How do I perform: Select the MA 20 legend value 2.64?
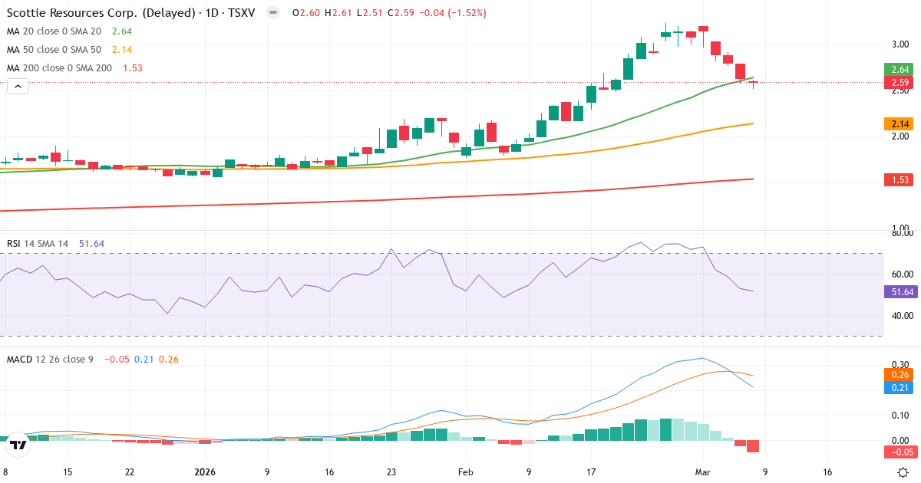tap(122, 31)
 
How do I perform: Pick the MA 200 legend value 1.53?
tap(133, 68)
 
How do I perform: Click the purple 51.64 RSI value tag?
tap(900, 291)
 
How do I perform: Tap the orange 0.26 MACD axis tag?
tap(900, 375)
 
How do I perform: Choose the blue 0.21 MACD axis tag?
tap(900, 388)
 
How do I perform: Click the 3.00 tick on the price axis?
tap(900, 44)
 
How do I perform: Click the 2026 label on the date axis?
tap(205, 472)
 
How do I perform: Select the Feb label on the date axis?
tap(466, 472)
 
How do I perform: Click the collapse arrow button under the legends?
tap(18, 87)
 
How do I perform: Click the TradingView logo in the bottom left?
tap(18, 444)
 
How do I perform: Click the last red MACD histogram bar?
tap(753, 446)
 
